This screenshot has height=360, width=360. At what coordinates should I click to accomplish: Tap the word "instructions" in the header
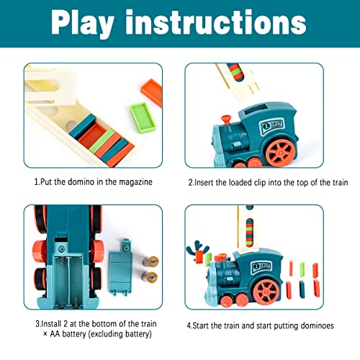(x=216, y=22)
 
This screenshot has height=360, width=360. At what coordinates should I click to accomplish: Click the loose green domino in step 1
(x=143, y=117)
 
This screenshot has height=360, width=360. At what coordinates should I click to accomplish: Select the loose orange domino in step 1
(x=151, y=92)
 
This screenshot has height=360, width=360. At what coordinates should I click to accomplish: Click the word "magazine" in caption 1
(x=135, y=182)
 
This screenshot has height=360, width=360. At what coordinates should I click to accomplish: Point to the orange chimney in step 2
(x=226, y=120)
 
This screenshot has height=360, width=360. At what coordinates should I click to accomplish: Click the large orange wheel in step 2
(x=281, y=152)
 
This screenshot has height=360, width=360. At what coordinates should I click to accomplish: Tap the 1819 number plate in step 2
(x=271, y=125)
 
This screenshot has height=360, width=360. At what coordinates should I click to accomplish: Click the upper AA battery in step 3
(x=150, y=261)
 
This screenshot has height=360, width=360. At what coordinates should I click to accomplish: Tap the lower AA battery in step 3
(x=149, y=276)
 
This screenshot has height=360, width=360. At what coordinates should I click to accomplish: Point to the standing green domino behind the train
(x=302, y=269)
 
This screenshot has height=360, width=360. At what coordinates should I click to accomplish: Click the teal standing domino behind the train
(x=302, y=289)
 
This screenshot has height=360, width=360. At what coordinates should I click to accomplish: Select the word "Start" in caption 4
(x=202, y=325)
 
